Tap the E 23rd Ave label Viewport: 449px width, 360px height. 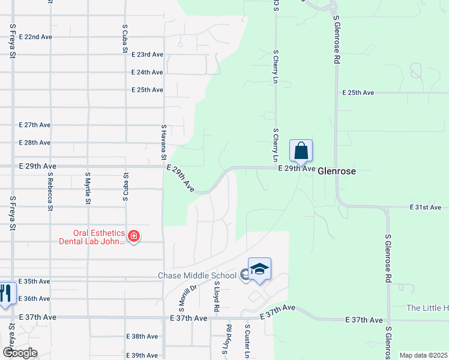[147, 54]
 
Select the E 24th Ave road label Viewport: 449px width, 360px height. [147, 72]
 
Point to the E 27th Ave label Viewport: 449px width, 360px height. [35, 125]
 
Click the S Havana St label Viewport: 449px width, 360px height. [163, 142]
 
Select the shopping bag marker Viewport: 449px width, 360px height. [301, 151]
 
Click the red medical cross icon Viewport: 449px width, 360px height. [133, 237]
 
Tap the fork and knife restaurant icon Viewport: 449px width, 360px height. [5, 293]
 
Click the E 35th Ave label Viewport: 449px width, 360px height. [35, 281]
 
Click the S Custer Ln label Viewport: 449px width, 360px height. [247, 340]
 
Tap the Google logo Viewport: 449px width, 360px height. [19, 353]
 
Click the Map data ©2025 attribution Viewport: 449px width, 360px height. [424, 355]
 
